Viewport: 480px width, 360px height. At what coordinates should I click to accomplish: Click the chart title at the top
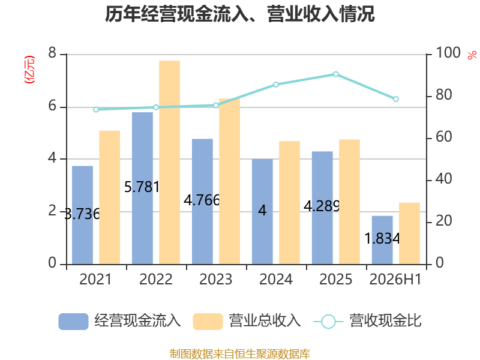coord(239,14)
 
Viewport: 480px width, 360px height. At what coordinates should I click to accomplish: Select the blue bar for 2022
coord(142,188)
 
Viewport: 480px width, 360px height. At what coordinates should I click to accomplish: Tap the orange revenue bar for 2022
coord(170,163)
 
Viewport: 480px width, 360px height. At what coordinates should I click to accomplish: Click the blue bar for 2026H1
coord(382,241)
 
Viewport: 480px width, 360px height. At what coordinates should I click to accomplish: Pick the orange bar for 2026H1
coord(409,233)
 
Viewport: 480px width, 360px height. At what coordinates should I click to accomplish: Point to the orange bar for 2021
coord(110,197)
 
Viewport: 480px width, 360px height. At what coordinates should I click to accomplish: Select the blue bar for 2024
coord(262,212)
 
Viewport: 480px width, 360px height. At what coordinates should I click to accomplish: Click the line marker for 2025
coord(336,74)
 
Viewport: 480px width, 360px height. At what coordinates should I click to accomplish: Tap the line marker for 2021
coord(96,110)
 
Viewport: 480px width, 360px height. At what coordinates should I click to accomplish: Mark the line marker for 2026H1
coord(396,99)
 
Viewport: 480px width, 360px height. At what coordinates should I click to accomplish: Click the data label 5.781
coord(142,187)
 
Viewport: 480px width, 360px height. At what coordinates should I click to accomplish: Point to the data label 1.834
coord(382,238)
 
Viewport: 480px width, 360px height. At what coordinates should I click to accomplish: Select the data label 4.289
coord(322,206)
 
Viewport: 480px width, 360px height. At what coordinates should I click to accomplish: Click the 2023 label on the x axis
coord(216,279)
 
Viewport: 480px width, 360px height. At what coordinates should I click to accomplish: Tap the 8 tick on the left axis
coord(52,53)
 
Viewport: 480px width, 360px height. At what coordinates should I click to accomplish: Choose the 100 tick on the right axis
coord(448,53)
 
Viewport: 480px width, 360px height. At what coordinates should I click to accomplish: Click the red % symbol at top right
coord(472,55)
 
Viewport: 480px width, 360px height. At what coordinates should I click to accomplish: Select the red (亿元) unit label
coord(29,70)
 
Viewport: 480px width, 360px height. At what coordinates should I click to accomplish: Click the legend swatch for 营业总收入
coord(208,322)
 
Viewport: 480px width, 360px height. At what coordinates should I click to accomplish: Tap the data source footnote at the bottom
coord(240,354)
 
